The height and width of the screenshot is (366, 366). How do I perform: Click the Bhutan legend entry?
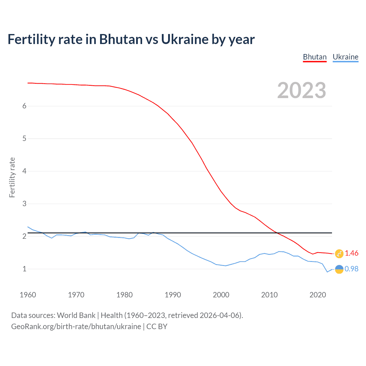coord(315,57)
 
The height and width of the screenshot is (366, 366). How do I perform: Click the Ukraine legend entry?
coord(345,57)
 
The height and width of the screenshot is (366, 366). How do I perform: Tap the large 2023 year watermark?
coord(302,90)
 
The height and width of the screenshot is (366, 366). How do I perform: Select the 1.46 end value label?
coord(351,253)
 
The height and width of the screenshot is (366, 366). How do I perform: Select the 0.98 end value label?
coord(351,269)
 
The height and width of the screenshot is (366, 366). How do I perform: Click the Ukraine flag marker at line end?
coord(339,269)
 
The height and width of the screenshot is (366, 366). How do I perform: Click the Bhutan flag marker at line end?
coord(339,253)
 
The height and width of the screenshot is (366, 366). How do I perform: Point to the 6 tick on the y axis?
coord(24,106)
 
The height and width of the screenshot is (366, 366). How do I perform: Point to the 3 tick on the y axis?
coord(24,204)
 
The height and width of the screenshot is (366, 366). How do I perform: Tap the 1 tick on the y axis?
coord(24,269)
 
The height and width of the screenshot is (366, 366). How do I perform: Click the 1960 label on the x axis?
coord(28,295)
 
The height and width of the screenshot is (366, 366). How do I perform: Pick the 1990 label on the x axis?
coord(173,295)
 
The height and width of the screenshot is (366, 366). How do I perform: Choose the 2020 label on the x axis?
coord(318,295)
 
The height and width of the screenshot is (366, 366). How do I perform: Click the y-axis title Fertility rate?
coord(12,177)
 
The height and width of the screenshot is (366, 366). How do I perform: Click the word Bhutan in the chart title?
coord(121,39)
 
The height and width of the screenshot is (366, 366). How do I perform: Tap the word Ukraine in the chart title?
coord(184,39)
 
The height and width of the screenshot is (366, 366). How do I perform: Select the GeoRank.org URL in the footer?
coord(76,327)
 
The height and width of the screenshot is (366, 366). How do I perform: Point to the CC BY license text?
coord(157,327)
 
